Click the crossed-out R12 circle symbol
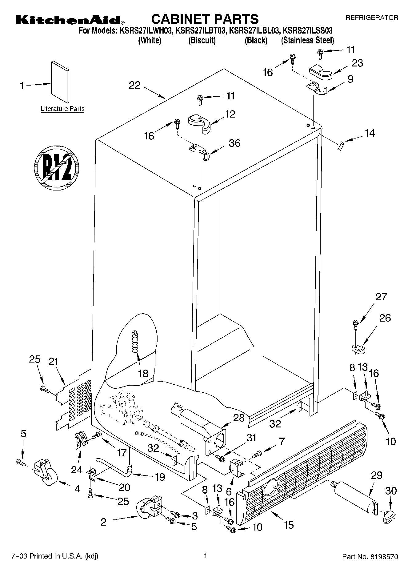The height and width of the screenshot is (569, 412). pos(57,167)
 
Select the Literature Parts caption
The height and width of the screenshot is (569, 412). pos(62,109)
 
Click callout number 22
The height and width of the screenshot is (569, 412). pos(134,85)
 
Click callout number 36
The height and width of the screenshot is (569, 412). pos(234,143)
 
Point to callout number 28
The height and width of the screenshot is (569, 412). pos(239,418)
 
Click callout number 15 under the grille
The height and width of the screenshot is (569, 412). pos(289,525)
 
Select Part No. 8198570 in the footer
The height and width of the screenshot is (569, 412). pos(370,557)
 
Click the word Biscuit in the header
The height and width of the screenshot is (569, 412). pos(202,40)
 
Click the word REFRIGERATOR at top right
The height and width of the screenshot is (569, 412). pos(372,18)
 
